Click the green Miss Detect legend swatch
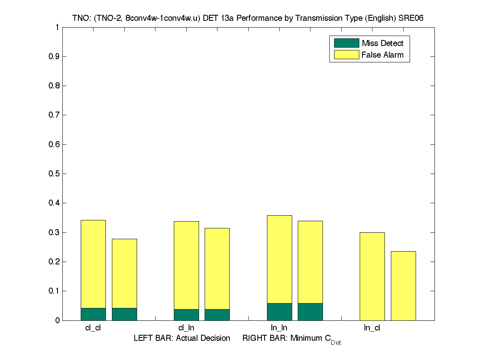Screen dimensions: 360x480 pos(346,43)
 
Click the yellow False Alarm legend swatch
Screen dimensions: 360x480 pos(346,55)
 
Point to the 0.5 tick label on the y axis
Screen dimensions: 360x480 pos(54,174)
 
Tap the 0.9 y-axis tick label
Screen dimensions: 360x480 pos(54,56)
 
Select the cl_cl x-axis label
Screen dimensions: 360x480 pos(93,328)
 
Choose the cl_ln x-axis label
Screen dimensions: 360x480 pos(186,328)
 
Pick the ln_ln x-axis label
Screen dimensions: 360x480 pos(279,328)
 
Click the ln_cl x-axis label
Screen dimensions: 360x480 pos(372,328)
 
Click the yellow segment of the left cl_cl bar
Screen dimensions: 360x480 pos(93,264)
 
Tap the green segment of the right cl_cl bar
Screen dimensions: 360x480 pos(124,314)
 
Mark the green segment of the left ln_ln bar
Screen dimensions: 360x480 pos(279,312)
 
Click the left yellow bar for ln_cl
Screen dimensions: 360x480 pos(372,276)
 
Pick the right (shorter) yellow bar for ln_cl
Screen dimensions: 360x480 pos(403,286)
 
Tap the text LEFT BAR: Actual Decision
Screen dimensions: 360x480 pos(182,338)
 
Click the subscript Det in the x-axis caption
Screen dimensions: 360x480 pos(336,343)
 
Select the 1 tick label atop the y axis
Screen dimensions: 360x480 pos(57,27)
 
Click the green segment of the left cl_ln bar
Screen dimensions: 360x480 pos(186,315)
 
